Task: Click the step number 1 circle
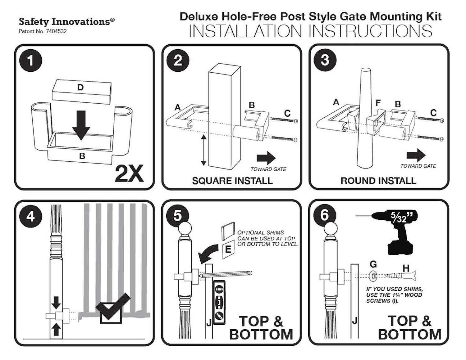click(30, 60)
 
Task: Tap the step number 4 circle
click(30, 216)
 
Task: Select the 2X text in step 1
click(129, 173)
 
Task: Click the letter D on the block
click(80, 88)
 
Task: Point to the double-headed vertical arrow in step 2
click(204, 150)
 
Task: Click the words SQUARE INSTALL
click(232, 181)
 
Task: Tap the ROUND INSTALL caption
click(378, 181)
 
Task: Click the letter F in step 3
click(378, 103)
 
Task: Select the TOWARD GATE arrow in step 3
click(416, 155)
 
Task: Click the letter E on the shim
click(228, 249)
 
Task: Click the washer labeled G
click(373, 275)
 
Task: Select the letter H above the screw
click(406, 268)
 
